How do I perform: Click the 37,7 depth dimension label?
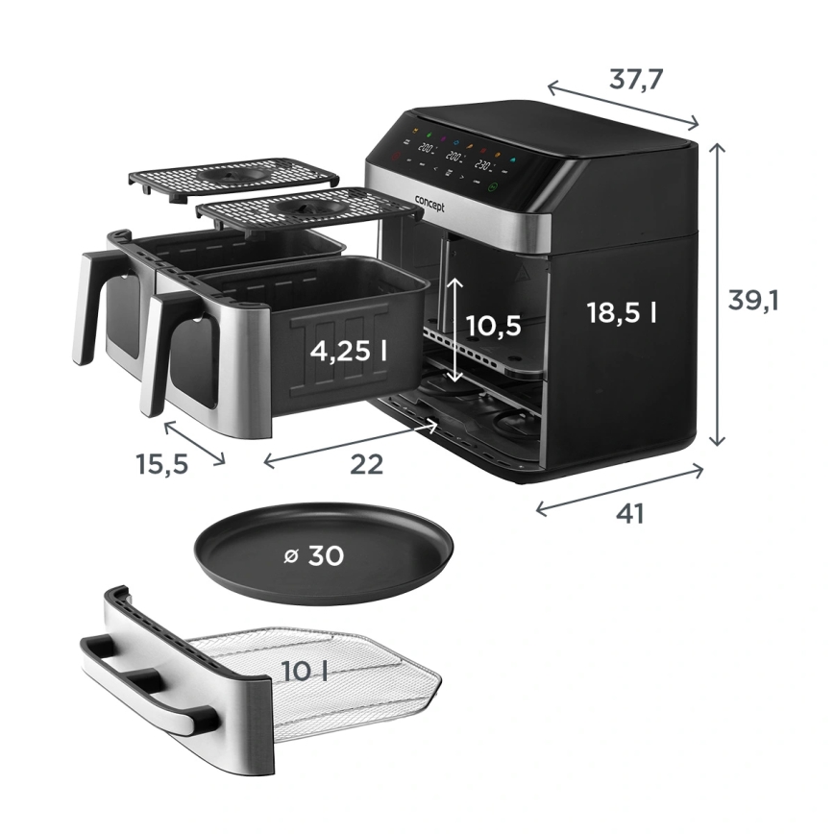(636, 79)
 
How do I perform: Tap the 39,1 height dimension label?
(753, 300)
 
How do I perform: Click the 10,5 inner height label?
(494, 326)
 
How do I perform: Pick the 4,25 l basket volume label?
(349, 351)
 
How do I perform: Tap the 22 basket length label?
(366, 464)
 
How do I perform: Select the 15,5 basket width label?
(161, 464)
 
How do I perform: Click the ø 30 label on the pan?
(314, 555)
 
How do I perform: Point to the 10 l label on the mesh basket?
(303, 672)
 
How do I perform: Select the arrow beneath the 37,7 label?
(624, 104)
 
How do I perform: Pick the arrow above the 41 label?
(620, 488)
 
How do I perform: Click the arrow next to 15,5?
(195, 443)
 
